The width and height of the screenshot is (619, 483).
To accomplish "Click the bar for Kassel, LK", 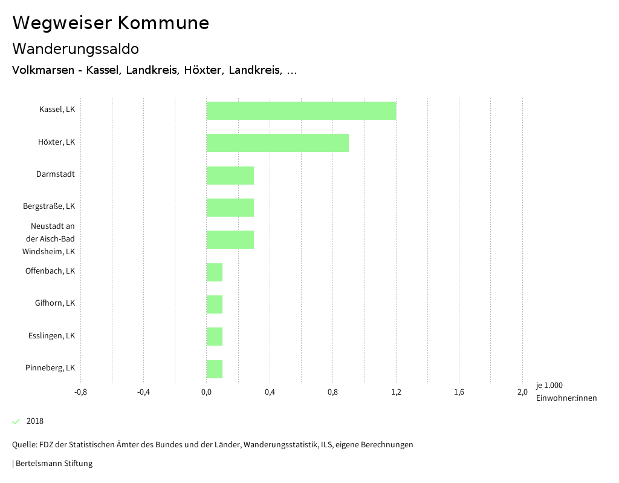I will pos(301,111).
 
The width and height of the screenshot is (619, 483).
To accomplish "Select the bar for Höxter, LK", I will pos(277,143).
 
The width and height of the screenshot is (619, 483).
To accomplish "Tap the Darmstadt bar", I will pos(230,175).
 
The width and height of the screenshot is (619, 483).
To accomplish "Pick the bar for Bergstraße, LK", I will pos(230,207).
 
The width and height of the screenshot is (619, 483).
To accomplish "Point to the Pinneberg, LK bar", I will pos(215,369).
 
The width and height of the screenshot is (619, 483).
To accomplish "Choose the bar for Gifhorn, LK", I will pos(215,304).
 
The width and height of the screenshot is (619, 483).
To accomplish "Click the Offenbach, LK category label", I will pos(50,271).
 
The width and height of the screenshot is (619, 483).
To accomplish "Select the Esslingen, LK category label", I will pos(51,335).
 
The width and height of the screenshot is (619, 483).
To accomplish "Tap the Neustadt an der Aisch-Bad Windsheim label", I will pos(49,238).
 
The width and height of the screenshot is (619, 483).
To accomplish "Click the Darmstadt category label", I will pos(56,174).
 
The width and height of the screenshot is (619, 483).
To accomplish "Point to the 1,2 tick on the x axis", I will pos(396,392).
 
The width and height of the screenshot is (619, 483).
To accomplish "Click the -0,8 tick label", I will pos(80,392).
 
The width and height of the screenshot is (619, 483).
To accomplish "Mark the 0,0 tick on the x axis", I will pos(206,392).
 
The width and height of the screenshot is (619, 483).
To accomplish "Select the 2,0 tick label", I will pos(522,392).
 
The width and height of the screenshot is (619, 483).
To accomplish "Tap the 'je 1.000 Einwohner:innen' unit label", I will pos(566,392).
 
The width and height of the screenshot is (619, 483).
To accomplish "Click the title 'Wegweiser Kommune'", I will pos(111,23).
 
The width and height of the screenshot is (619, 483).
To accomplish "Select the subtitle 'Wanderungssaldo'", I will pos(76,48).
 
